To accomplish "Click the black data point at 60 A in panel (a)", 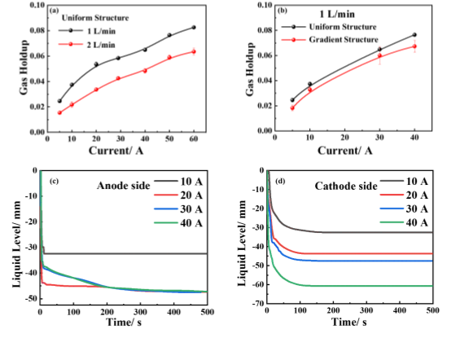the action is click(194, 28).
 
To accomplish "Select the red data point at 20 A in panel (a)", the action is click(96, 90).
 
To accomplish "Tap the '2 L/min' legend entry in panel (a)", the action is click(87, 45).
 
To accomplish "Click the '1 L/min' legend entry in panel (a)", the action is click(87, 31).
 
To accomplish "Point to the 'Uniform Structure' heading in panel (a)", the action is click(95, 18).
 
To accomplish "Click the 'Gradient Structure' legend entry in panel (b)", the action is click(330, 39).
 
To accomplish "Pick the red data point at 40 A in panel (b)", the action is click(414, 46).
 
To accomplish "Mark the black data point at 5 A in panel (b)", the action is click(292, 100).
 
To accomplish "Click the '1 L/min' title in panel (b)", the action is click(337, 14).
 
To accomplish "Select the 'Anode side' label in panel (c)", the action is click(124, 186).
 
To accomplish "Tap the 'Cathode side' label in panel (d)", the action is click(346, 187).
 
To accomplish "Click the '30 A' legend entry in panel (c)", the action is click(178, 209).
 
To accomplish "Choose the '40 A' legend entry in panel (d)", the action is click(404, 222).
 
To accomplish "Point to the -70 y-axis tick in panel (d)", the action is click(257, 303).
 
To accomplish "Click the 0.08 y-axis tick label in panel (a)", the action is click(37, 30).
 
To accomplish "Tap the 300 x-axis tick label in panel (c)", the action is click(140, 312).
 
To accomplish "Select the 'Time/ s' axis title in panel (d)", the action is click(349, 322).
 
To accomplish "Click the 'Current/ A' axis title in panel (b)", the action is click(345, 151).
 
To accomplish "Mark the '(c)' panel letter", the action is click(54, 182).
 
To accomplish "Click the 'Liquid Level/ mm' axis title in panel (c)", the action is click(16, 244).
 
